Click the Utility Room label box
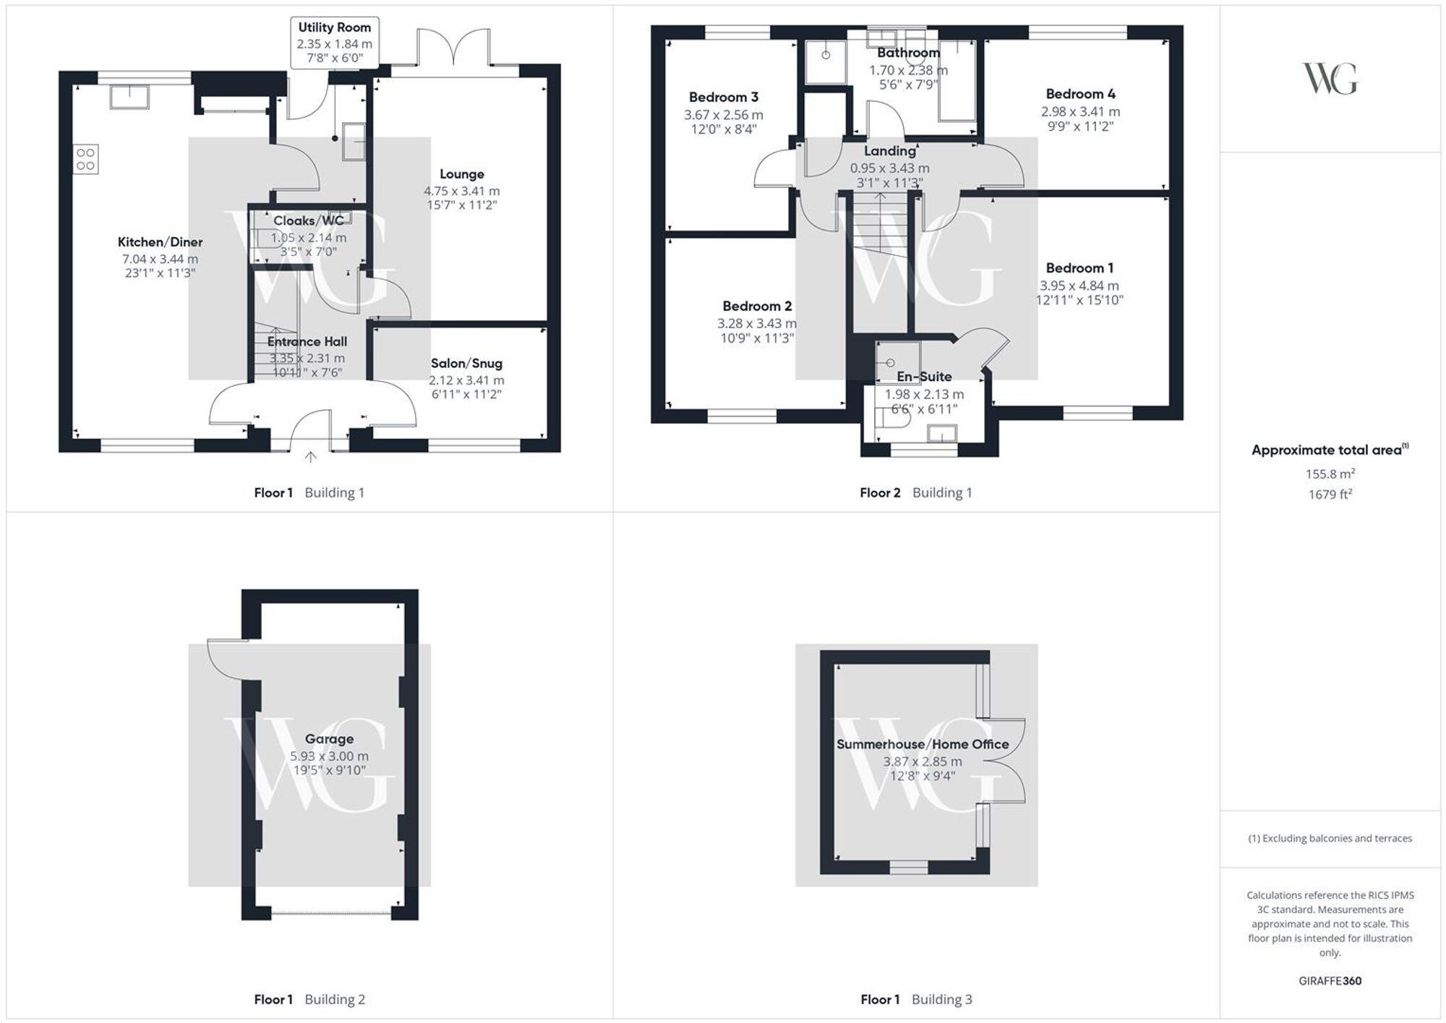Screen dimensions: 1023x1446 pyautogui.click(x=335, y=43)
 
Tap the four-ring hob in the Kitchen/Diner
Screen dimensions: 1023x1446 pyautogui.click(x=85, y=159)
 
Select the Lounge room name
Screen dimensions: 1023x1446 pyautogui.click(x=461, y=174)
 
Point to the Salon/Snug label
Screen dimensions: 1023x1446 pyautogui.click(x=466, y=364)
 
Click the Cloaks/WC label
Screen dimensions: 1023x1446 pyautogui.click(x=309, y=221)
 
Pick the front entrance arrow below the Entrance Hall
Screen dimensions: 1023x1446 pyautogui.click(x=311, y=457)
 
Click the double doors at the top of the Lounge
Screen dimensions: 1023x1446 pyautogui.click(x=454, y=51)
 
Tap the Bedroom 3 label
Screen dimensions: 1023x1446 pyautogui.click(x=723, y=98)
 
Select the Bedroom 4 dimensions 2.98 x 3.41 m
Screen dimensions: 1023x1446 pyautogui.click(x=1080, y=112)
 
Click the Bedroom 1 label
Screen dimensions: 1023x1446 pyautogui.click(x=1079, y=268)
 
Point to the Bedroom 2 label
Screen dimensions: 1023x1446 pyautogui.click(x=757, y=307)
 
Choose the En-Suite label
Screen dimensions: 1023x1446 pyautogui.click(x=924, y=377)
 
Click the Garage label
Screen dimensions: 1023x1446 pyautogui.click(x=329, y=739)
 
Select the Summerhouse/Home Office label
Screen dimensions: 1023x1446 pyautogui.click(x=923, y=745)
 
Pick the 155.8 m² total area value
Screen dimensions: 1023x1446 pyautogui.click(x=1330, y=474)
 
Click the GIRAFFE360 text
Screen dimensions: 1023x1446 pyautogui.click(x=1330, y=981)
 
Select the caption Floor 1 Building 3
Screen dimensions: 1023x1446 pyautogui.click(x=916, y=1000)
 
